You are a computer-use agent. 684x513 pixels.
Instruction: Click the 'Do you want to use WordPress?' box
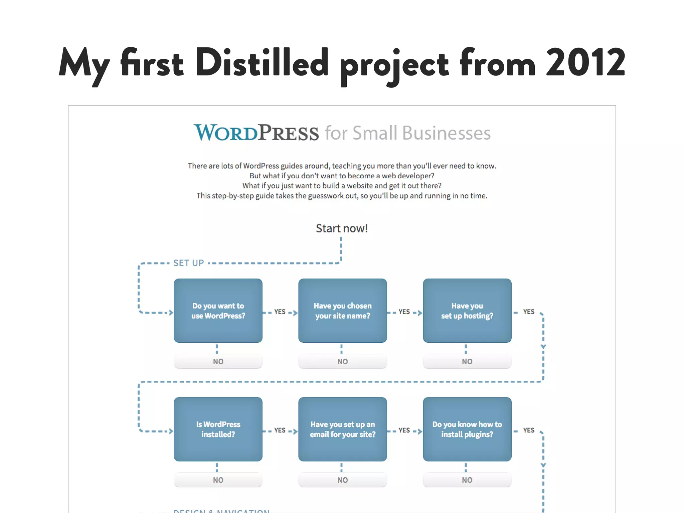pos(218,311)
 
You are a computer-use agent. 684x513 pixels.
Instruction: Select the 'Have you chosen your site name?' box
pos(342,311)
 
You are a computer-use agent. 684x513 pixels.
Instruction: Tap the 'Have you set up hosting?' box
pos(467,311)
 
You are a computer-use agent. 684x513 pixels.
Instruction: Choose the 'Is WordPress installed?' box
pos(218,429)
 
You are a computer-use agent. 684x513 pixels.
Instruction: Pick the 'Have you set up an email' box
pos(342,429)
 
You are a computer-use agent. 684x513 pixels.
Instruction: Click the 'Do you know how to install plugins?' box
pos(467,429)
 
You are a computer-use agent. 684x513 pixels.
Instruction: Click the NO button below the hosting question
pos(467,361)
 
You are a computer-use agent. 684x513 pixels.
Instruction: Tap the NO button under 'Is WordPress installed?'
pos(218,480)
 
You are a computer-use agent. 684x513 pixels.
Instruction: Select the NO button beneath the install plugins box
pos(467,480)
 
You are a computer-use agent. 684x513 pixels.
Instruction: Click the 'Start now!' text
pos(342,228)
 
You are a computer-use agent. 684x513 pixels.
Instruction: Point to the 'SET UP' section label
pos(188,263)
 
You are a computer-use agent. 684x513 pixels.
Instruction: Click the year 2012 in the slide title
pos(585,63)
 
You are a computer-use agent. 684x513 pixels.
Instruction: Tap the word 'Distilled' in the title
pos(262,63)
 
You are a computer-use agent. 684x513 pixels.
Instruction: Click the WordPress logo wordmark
pos(256,133)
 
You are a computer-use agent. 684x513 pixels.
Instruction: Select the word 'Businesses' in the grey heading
pos(446,133)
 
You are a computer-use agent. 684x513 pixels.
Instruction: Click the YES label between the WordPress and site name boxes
pos(280,312)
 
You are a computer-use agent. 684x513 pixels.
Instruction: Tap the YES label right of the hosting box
pos(529,312)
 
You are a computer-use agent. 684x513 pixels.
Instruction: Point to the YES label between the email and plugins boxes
pos(404,430)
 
